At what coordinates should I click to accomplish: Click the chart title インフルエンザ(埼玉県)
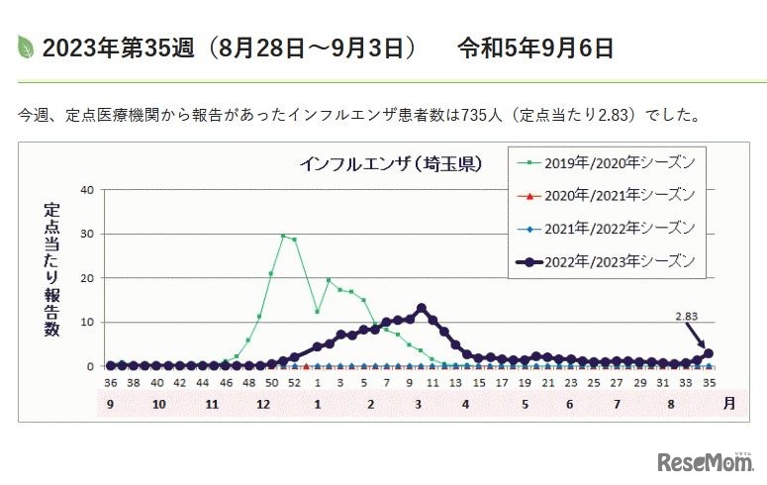pyautogui.click(x=392, y=163)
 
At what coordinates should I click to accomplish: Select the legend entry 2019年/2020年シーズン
pyautogui.click(x=613, y=161)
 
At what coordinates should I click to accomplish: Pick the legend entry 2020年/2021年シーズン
pyautogui.click(x=613, y=194)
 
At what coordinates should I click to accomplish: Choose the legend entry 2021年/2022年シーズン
pyautogui.click(x=613, y=229)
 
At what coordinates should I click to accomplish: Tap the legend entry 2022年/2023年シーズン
pyautogui.click(x=613, y=261)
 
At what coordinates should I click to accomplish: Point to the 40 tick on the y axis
pyautogui.click(x=87, y=190)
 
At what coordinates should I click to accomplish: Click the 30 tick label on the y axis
pyautogui.click(x=87, y=235)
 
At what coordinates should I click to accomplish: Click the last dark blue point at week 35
pyautogui.click(x=708, y=353)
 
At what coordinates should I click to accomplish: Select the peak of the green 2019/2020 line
pyautogui.click(x=283, y=237)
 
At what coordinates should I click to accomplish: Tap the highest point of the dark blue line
pyautogui.click(x=421, y=308)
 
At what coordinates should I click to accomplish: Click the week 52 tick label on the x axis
pyautogui.click(x=294, y=382)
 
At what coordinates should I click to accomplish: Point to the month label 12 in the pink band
pyautogui.click(x=262, y=405)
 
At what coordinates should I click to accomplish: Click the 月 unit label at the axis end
pyautogui.click(x=729, y=405)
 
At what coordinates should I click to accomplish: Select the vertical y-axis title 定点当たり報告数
pyautogui.click(x=50, y=269)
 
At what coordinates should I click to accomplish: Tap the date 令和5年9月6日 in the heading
pyautogui.click(x=535, y=47)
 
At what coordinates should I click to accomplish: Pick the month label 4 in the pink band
pyautogui.click(x=465, y=405)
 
